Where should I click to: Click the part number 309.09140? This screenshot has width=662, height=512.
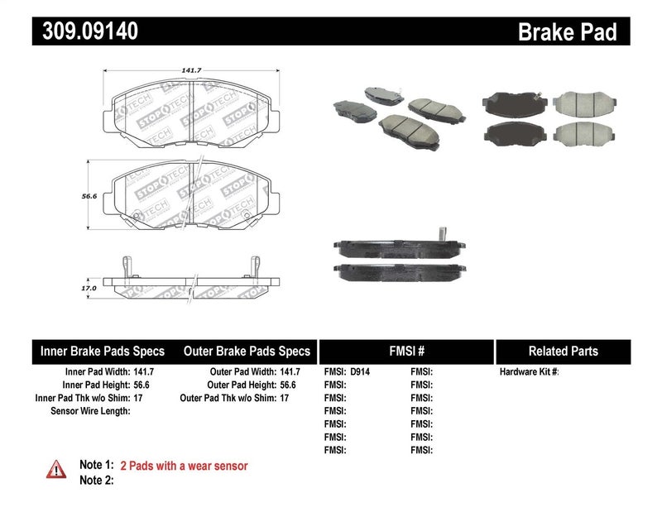86,32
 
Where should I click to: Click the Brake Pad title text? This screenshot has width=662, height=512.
567,32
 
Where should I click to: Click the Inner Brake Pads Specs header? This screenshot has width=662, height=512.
103,351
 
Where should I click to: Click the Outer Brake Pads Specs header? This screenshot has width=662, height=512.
246,351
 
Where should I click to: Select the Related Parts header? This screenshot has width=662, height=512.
563,351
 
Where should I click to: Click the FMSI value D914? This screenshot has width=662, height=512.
361,372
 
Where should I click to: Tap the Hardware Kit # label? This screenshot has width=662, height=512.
529,372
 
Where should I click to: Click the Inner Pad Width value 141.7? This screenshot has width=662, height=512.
144,372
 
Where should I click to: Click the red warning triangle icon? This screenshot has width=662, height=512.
56,468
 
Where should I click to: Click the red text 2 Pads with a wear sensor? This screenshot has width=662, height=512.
184,466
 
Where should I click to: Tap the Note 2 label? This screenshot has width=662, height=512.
96,480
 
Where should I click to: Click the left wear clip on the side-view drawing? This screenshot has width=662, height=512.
123,266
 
